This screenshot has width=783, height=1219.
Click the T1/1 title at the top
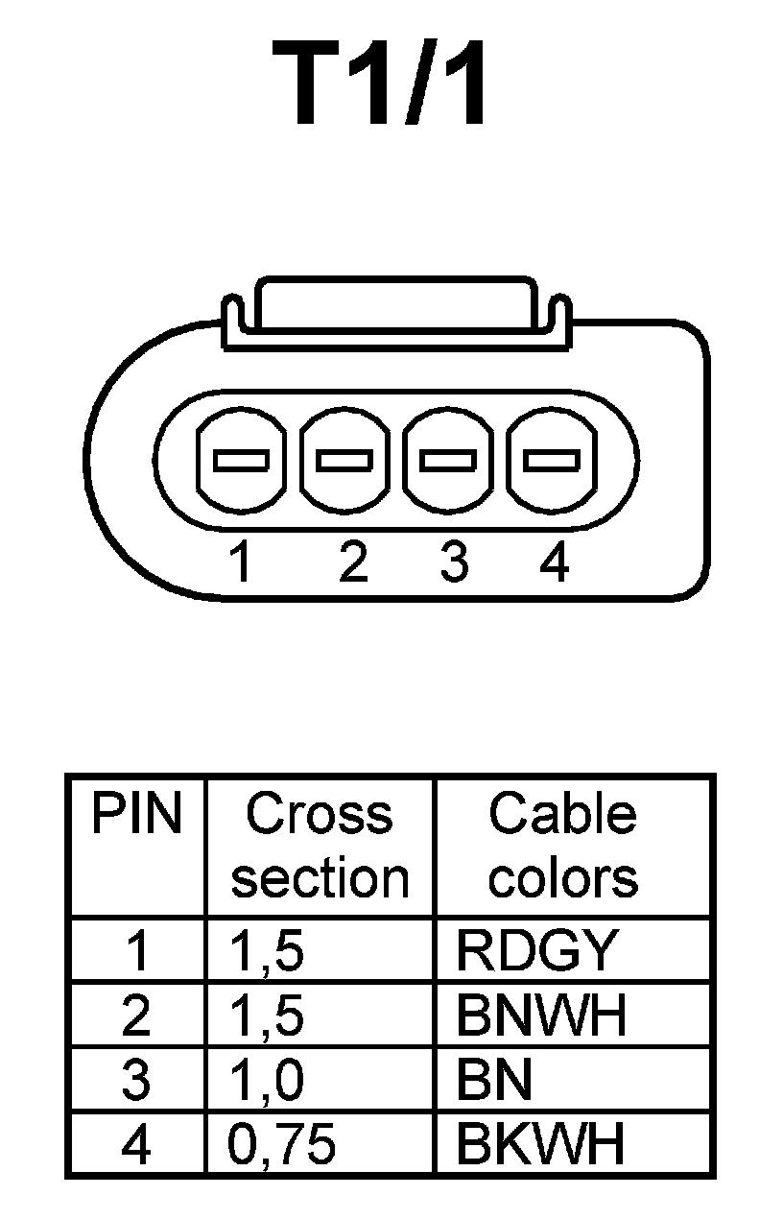[382, 84]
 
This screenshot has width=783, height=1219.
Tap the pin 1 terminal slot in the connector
[240, 461]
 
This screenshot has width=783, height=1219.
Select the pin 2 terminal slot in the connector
[345, 461]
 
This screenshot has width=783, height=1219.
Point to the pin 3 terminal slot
[449, 461]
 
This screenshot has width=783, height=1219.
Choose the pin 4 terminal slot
[553, 461]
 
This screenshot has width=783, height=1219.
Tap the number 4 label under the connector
[555, 562]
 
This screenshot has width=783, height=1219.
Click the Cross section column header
[320, 846]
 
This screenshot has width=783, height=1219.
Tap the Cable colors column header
[563, 846]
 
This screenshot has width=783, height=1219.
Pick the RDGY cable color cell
[535, 950]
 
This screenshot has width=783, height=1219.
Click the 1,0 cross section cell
[267, 1080]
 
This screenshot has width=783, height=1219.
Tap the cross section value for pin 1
[267, 951]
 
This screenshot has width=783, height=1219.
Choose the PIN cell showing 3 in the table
[136, 1080]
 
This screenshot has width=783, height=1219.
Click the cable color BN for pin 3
[494, 1080]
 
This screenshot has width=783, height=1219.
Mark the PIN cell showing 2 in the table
[136, 1016]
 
